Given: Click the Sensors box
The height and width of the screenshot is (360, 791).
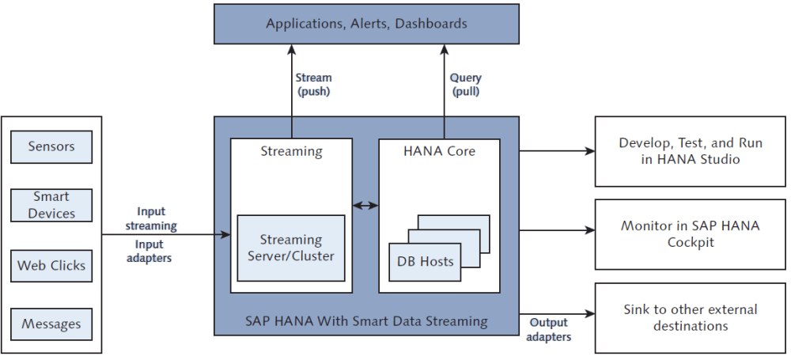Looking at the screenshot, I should pos(51,146).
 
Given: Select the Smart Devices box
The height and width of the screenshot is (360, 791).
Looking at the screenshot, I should pos(51,205).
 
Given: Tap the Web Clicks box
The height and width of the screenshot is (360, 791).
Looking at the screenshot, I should pos(51,266).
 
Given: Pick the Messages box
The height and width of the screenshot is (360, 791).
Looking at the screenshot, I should pos(51,324).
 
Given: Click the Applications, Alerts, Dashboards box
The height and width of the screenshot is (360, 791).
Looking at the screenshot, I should pos(366,24).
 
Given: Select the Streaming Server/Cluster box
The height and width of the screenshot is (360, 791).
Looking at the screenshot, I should pos(291,248).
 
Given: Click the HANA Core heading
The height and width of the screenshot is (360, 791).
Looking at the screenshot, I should pos(439,150).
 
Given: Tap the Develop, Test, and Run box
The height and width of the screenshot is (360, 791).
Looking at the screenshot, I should pos(690,151).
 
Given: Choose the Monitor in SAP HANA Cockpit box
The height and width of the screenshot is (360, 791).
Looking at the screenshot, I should pos(690,233).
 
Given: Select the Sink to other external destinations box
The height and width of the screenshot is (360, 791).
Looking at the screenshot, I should pos(690,316).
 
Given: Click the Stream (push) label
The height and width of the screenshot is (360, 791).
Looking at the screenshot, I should pos(313,85).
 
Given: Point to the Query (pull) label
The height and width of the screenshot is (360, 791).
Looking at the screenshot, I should pos(465,85).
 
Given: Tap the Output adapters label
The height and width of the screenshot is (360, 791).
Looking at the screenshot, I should pos(546,330).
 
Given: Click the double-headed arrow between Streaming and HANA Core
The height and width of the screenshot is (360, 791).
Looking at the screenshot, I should pos(365,206).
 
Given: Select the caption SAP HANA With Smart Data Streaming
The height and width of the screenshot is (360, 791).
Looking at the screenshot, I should pos(366,320).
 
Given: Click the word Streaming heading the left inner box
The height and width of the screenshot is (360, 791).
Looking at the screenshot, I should pos(291,150).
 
